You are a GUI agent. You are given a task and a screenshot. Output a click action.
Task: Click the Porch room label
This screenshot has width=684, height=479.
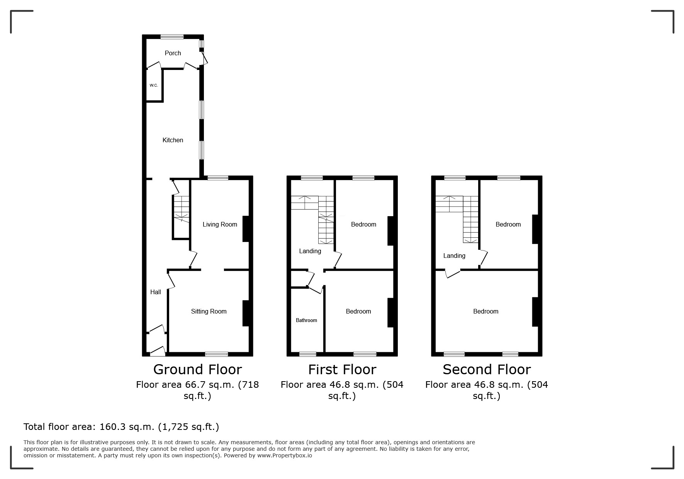(x=173, y=53)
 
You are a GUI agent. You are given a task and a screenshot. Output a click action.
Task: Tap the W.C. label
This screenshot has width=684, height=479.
(x=154, y=85)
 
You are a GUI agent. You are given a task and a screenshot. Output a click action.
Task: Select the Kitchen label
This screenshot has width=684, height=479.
(x=173, y=140)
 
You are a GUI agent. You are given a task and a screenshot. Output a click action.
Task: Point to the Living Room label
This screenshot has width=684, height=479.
(x=220, y=224)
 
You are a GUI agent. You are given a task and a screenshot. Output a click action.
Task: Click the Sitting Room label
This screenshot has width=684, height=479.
(x=209, y=311)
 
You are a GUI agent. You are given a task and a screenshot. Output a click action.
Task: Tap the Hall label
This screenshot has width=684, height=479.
(x=156, y=292)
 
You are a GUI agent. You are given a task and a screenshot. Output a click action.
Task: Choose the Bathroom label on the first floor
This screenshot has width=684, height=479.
(x=306, y=320)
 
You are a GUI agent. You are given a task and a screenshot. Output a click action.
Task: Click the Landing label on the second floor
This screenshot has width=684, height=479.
(x=454, y=256)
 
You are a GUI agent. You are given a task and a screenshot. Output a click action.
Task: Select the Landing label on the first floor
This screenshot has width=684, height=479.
(x=310, y=251)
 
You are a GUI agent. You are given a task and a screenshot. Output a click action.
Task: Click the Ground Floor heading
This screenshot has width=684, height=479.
(x=197, y=369)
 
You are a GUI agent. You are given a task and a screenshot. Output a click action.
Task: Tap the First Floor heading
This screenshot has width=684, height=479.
(x=342, y=369)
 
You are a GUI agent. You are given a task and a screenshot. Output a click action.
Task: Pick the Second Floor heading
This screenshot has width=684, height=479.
(x=487, y=369)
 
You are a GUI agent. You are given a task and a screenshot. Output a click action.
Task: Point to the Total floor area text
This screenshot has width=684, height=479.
(x=121, y=427)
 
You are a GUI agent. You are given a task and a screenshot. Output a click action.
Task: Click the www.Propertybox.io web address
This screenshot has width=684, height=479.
(x=285, y=455)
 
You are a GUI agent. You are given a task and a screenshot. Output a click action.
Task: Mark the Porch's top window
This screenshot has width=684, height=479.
(x=172, y=37)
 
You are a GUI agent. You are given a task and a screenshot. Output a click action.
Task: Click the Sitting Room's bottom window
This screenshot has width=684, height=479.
(x=216, y=354)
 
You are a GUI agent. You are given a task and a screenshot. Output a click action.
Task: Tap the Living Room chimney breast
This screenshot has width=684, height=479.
(x=246, y=229)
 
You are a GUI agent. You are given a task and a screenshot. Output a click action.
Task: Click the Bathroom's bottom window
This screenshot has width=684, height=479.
(x=308, y=354)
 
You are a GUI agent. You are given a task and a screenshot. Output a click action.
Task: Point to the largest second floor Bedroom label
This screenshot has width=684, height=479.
(x=485, y=311)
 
